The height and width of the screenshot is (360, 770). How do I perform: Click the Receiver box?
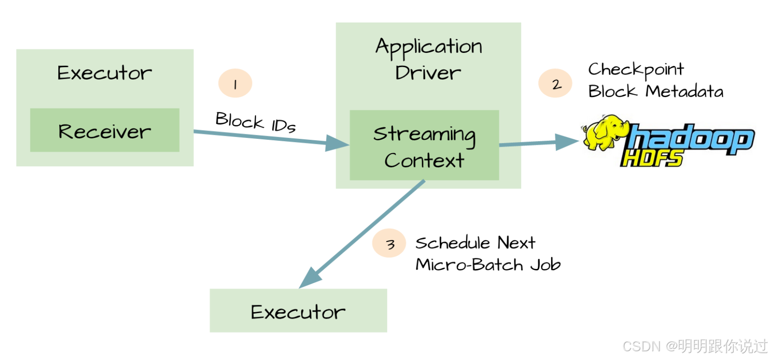(105, 131)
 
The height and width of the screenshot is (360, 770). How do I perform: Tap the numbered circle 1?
(235, 84)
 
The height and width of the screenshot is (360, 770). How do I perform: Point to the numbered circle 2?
(555, 84)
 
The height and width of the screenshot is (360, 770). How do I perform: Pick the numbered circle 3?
(389, 244)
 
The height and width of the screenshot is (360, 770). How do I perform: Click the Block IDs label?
(256, 122)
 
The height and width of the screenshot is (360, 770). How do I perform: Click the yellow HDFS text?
(651, 159)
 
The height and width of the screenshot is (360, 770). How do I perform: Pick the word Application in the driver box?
(428, 47)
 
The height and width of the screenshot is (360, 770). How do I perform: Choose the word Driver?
(428, 73)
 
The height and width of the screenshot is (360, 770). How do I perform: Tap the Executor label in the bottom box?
(298, 312)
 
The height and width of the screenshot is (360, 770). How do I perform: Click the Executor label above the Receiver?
(104, 73)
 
